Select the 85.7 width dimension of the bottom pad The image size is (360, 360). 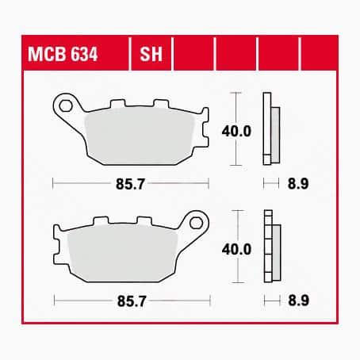[x=131, y=300]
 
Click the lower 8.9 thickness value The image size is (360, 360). [x=293, y=300]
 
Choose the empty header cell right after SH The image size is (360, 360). [x=193, y=56]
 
